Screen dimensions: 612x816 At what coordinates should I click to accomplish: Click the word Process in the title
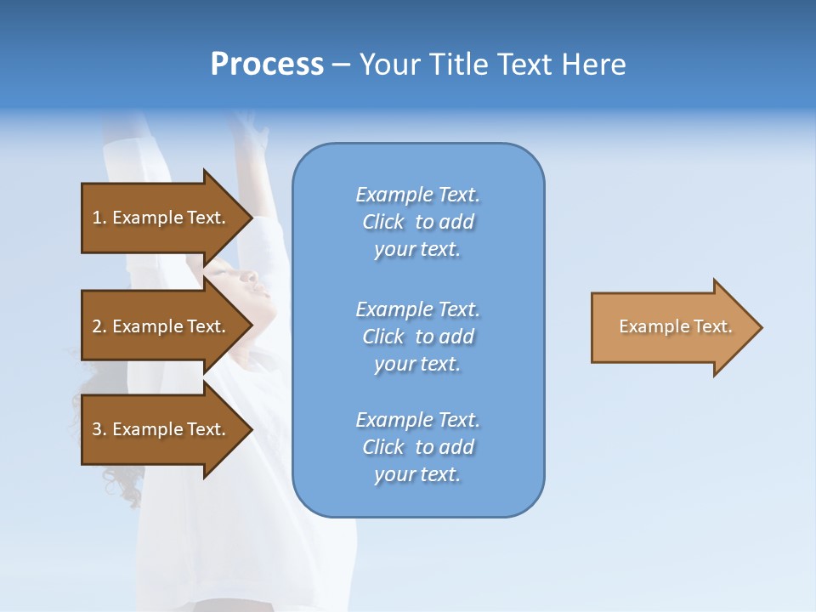(267, 65)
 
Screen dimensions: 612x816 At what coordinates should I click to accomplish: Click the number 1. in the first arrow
(99, 218)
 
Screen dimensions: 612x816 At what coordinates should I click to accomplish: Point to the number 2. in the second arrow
(99, 326)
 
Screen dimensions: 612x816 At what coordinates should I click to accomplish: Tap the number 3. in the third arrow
(99, 429)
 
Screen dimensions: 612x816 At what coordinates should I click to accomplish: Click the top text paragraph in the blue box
(417, 222)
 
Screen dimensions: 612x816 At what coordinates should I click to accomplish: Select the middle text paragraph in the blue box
(417, 337)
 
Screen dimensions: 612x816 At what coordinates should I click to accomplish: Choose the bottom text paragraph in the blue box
(417, 447)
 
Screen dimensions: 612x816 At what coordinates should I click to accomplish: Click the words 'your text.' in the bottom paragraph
(417, 475)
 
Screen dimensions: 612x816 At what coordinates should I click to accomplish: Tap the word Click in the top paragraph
(383, 222)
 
